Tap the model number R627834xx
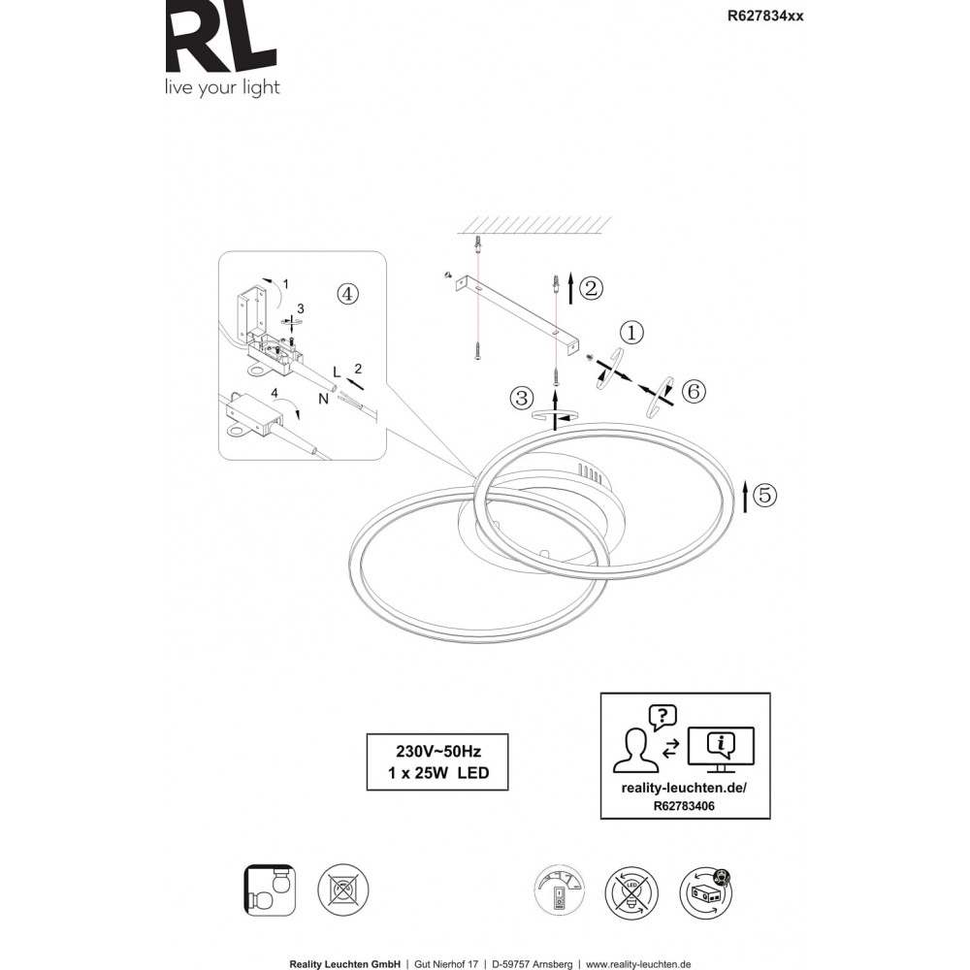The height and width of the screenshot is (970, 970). [765, 16]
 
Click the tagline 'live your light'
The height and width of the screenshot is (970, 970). [222, 88]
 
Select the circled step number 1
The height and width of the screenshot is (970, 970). [631, 333]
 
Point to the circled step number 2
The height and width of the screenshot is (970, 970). [591, 288]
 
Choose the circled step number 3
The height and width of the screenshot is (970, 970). [521, 398]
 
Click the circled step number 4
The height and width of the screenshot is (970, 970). [347, 294]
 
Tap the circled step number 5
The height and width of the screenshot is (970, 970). [765, 495]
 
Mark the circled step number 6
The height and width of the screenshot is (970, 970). [693, 391]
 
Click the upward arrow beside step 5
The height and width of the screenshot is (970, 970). [745, 497]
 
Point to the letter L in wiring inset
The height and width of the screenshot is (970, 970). [337, 372]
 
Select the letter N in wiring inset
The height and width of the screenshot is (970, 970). [323, 399]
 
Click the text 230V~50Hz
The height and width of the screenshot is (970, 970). [438, 751]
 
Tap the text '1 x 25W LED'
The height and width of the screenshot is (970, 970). [438, 773]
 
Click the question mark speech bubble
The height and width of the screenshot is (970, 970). [663, 718]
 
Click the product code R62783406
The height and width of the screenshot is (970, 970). [684, 806]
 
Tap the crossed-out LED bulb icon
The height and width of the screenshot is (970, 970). [631, 892]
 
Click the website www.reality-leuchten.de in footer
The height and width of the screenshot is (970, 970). [638, 964]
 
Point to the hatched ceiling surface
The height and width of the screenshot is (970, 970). [533, 225]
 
